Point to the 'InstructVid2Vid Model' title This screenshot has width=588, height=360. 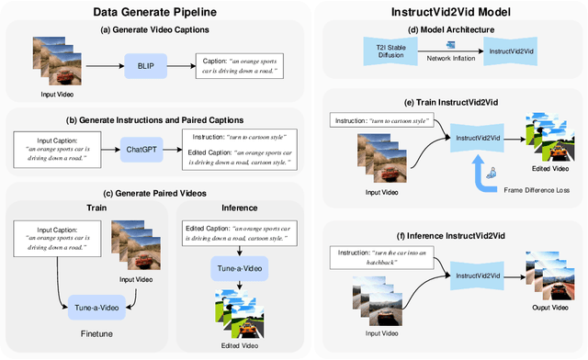446,11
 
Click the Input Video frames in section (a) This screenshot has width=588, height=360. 56,62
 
